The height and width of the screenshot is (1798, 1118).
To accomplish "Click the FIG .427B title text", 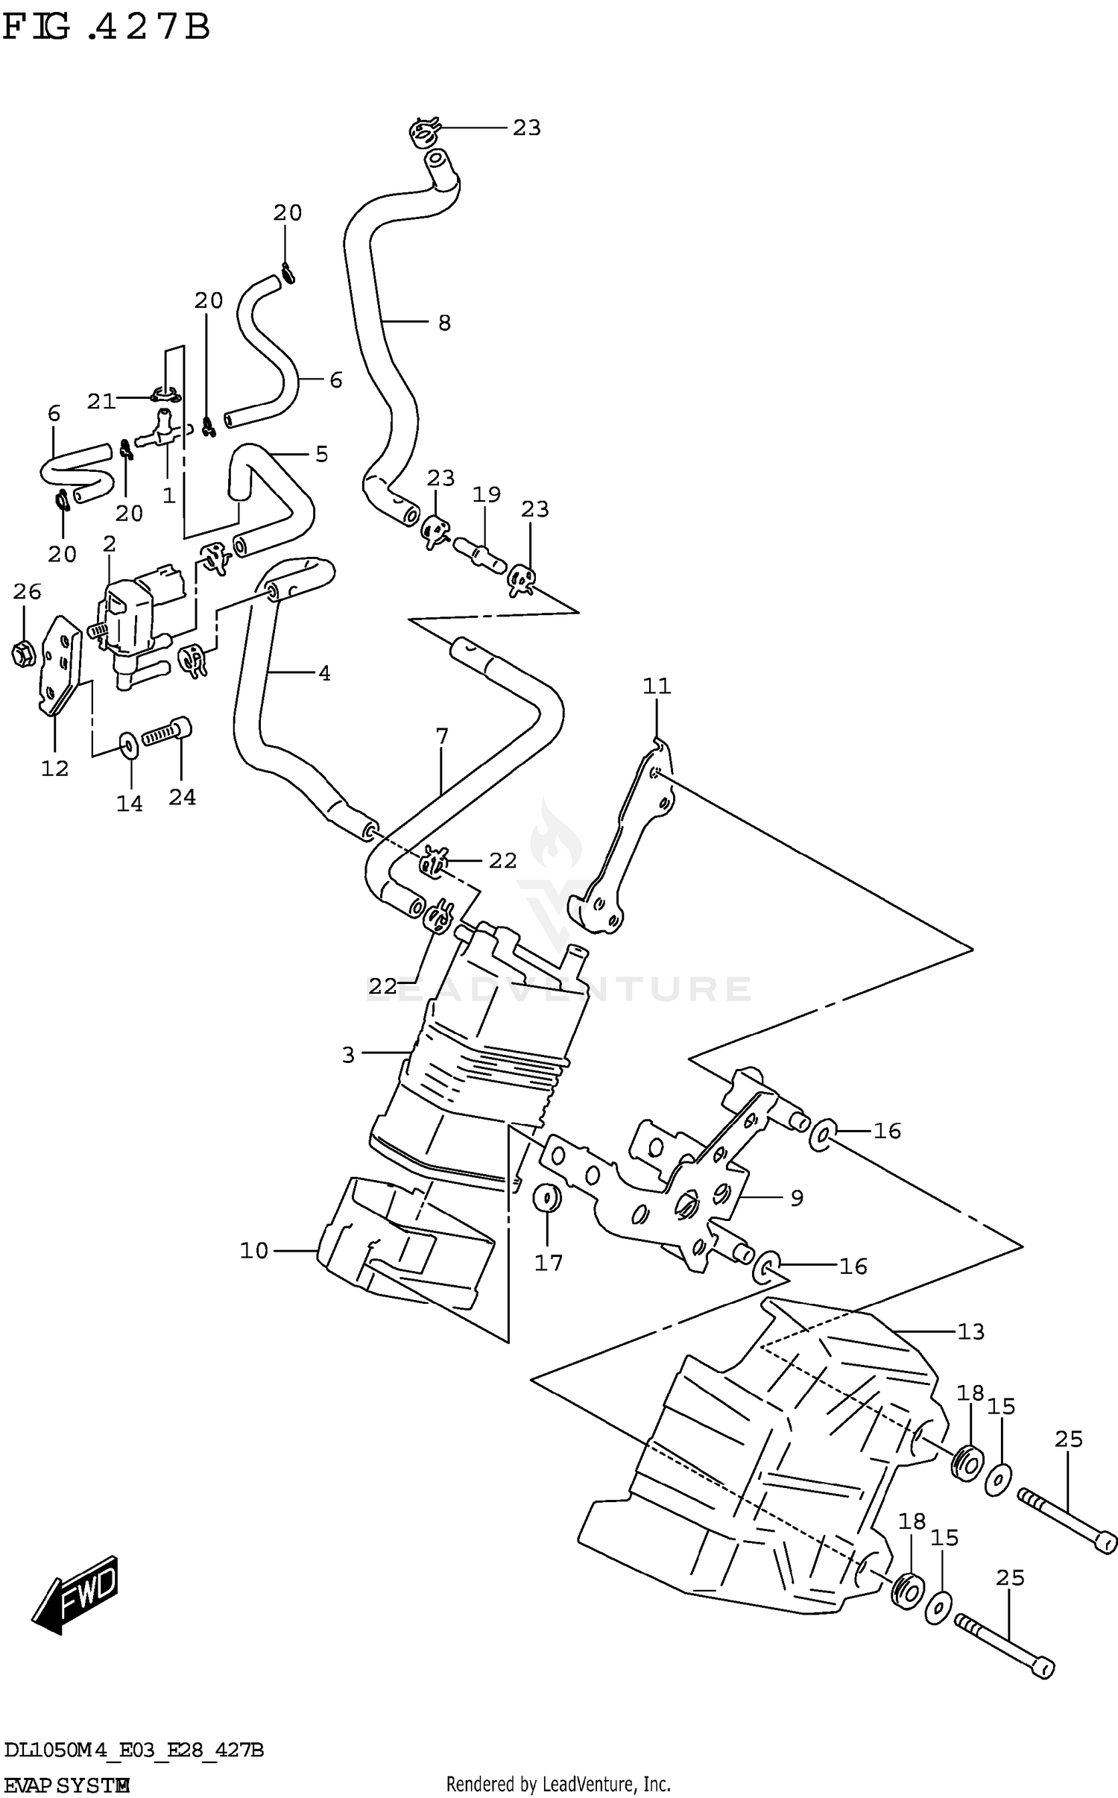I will point(106,28).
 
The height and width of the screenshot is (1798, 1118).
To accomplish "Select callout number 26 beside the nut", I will point(27,592).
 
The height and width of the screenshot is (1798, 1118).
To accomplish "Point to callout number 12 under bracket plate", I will point(54,769).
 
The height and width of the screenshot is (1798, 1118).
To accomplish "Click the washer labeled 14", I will point(128,744).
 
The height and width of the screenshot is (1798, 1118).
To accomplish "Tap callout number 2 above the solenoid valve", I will point(110,544).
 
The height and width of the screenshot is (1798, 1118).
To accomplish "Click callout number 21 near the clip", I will point(101,402).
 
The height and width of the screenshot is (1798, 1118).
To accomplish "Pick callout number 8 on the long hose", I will point(444,323).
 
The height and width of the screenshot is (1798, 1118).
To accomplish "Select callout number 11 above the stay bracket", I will point(657,686).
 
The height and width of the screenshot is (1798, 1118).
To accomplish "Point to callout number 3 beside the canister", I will point(348,1055).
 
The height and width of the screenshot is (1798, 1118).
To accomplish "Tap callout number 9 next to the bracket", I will point(797,1199).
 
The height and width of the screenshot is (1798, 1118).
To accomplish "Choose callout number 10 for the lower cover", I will point(253,1251).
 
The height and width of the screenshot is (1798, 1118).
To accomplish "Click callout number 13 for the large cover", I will point(970,1331).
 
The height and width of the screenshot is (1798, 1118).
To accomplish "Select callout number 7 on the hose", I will point(442,736).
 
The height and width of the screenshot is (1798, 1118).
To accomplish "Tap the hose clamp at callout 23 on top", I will point(423,133).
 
